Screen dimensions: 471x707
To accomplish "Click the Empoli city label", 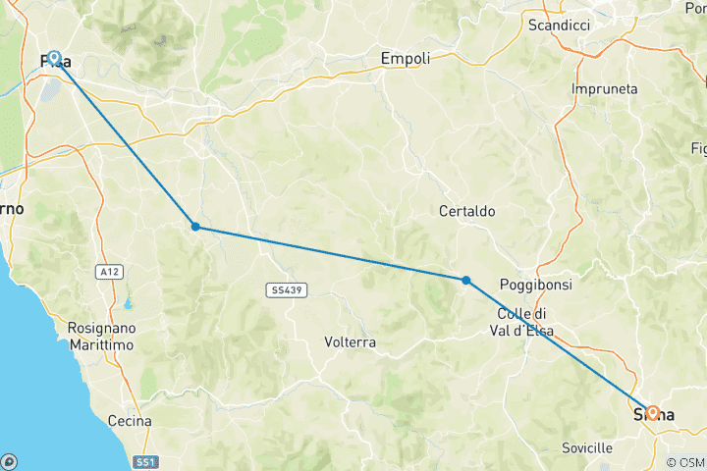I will pos(406,59).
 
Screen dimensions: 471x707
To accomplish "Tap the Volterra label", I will pos(350,343).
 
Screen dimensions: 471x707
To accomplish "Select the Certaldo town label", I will pos(467,211).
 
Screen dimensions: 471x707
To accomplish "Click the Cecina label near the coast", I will pos(131,421).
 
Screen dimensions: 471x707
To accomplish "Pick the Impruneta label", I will pos(604,89).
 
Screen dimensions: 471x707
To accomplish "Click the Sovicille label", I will pos(587,447).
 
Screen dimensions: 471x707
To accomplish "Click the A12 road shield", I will pos(108,272).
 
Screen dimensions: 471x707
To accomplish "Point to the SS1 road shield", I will pos(144,461).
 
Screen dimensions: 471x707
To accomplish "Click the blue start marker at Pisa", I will pos(54,59).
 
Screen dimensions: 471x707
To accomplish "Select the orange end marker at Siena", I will pos(651,413).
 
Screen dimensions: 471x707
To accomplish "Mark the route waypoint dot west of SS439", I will pos(195,227).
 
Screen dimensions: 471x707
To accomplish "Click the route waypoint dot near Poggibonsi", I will pos(465,281).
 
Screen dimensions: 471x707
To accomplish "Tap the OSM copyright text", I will pos(684,462).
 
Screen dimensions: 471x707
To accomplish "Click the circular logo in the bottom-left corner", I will pos(9,461).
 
